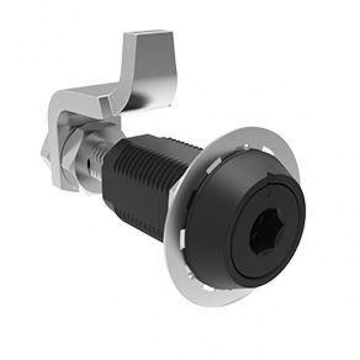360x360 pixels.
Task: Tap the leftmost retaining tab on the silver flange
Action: tap(178, 233)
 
